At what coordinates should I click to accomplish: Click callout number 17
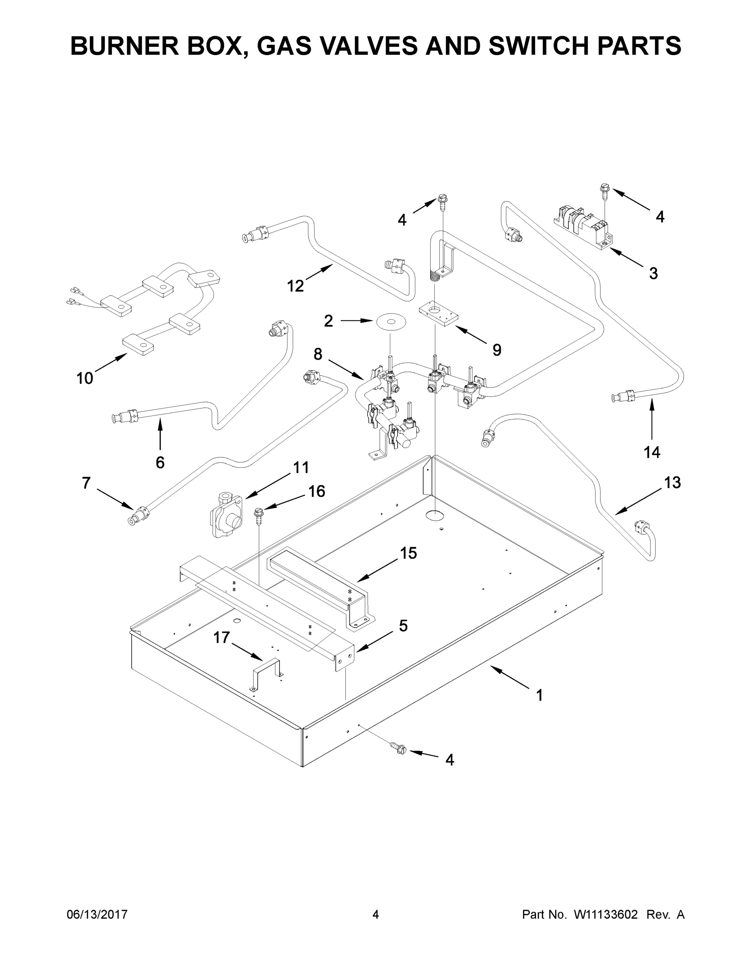pyautogui.click(x=221, y=638)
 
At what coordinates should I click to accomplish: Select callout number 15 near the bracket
pyautogui.click(x=408, y=553)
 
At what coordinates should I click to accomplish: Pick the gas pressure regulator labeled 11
pyautogui.click(x=226, y=514)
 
